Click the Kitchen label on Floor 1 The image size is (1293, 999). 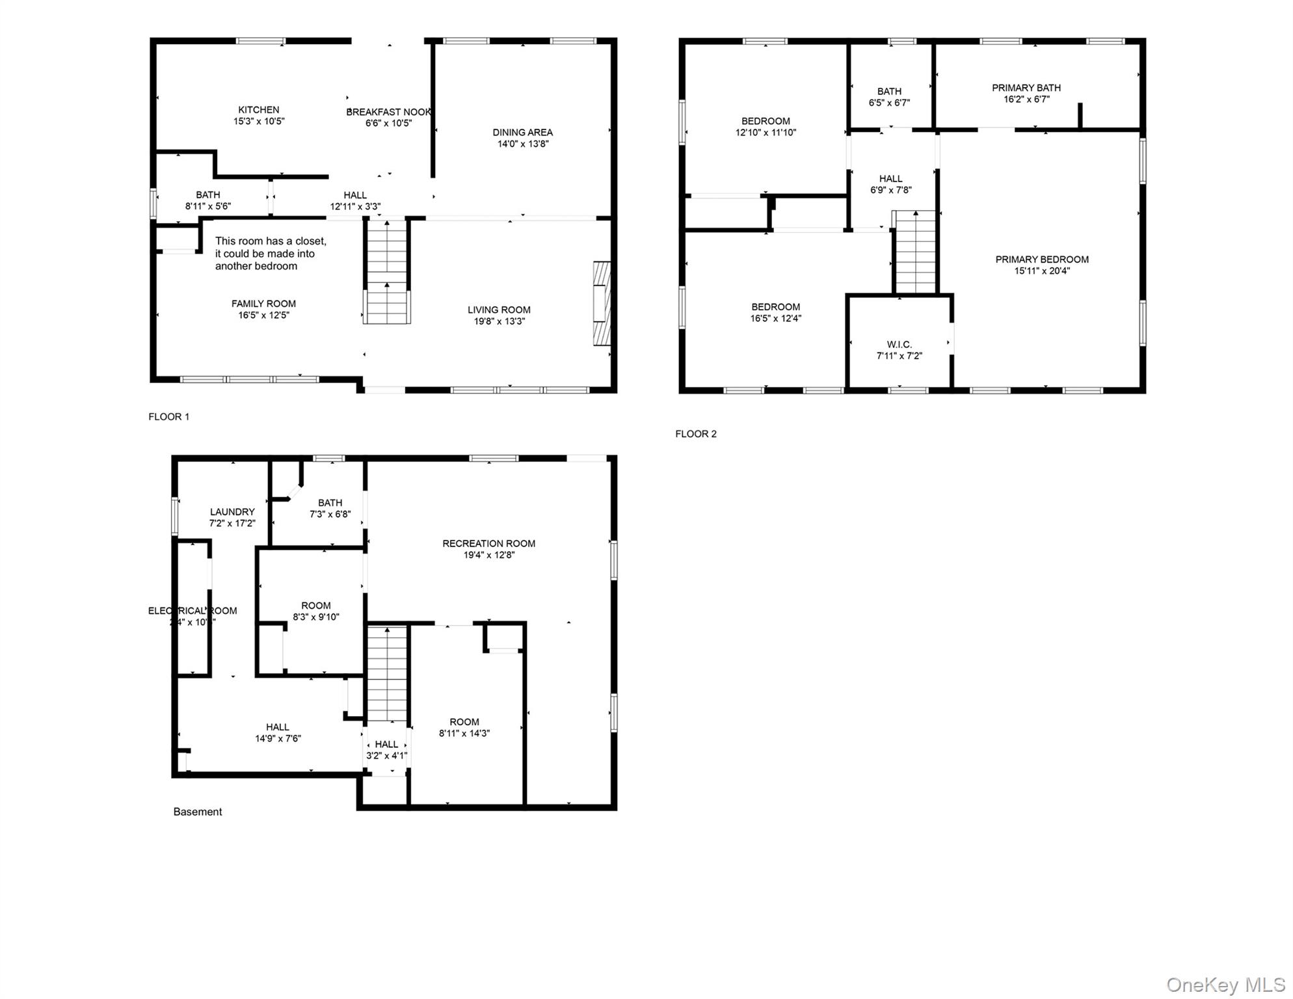[x=258, y=110]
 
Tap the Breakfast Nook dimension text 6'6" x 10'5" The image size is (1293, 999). [x=388, y=123]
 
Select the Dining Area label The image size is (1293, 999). [x=522, y=133]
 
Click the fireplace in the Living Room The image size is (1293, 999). [x=602, y=303]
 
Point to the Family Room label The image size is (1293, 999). [x=263, y=304]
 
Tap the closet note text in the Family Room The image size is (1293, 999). [x=271, y=254]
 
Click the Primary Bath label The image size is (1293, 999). [x=1026, y=88]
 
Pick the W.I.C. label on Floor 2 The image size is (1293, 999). [x=899, y=345]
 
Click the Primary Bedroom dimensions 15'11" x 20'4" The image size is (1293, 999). [x=1041, y=271]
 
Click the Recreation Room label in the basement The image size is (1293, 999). [x=488, y=544]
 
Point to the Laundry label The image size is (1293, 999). [x=232, y=512]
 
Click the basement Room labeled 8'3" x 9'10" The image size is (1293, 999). [x=315, y=611]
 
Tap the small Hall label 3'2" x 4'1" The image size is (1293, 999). [x=386, y=750]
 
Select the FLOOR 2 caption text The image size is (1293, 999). [x=695, y=434]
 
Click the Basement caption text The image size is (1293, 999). [x=197, y=812]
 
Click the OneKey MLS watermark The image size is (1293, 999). [x=1225, y=985]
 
